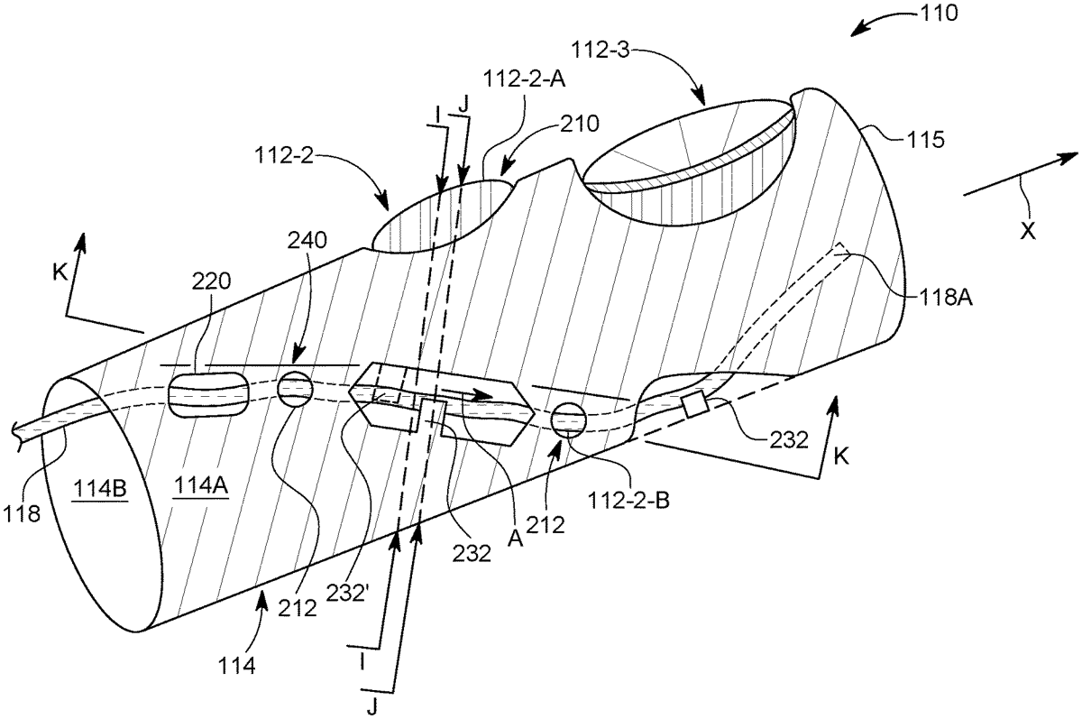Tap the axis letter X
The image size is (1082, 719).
click(1027, 230)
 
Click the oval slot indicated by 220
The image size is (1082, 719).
click(208, 396)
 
